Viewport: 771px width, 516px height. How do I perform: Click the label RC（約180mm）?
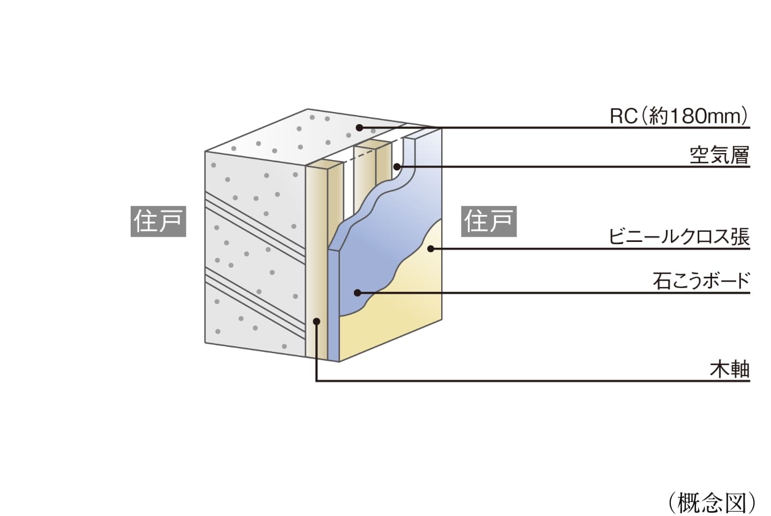(679, 116)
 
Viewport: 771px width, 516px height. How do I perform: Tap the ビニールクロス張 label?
(679, 237)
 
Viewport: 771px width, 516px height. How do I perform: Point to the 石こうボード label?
(701, 280)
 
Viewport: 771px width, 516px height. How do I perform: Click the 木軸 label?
(729, 369)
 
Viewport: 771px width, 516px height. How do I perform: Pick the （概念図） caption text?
(712, 502)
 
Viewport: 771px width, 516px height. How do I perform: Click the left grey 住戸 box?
(158, 221)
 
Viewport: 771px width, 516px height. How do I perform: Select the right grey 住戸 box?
(488, 221)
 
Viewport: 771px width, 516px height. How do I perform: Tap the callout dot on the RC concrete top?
(360, 128)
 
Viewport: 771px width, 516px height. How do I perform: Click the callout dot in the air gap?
(397, 166)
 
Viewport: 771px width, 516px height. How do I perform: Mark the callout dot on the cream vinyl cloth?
(430, 248)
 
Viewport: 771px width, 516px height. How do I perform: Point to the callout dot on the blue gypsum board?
(357, 293)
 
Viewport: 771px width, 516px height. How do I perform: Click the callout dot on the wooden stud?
(316, 321)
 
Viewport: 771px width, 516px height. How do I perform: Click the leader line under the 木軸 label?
(535, 381)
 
